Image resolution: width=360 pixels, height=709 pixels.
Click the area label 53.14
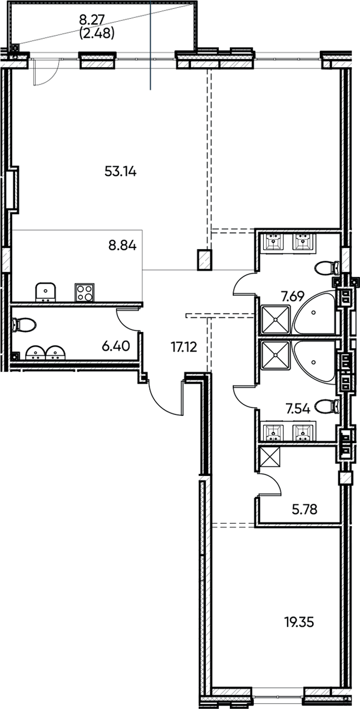(x=121, y=171)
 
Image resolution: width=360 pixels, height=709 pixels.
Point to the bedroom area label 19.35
(x=299, y=622)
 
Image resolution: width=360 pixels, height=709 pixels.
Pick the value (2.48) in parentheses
(x=97, y=33)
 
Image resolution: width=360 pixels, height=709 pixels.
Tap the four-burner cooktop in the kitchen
(x=85, y=292)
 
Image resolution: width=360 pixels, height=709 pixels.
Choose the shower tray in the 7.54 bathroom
(x=274, y=355)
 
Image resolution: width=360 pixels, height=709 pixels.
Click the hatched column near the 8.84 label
(x=205, y=260)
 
